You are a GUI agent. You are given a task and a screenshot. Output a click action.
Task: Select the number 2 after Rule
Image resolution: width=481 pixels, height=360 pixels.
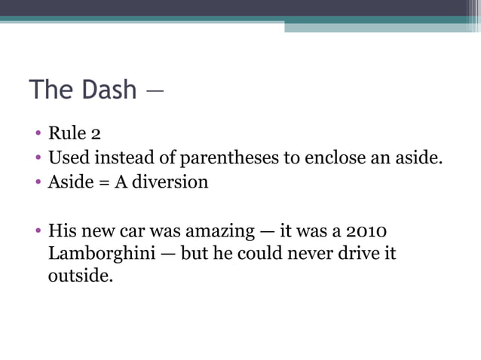tap(96, 134)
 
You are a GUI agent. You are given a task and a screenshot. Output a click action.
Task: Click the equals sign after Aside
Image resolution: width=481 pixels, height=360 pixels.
tap(101, 182)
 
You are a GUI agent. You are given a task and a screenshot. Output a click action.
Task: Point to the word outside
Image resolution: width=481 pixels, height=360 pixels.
tap(81, 276)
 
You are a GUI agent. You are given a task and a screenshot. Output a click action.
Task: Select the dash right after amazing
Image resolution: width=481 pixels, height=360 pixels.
tap(265, 230)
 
